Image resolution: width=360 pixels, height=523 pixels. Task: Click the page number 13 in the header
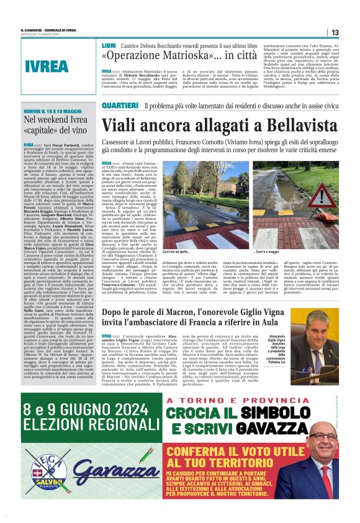[335, 32]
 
